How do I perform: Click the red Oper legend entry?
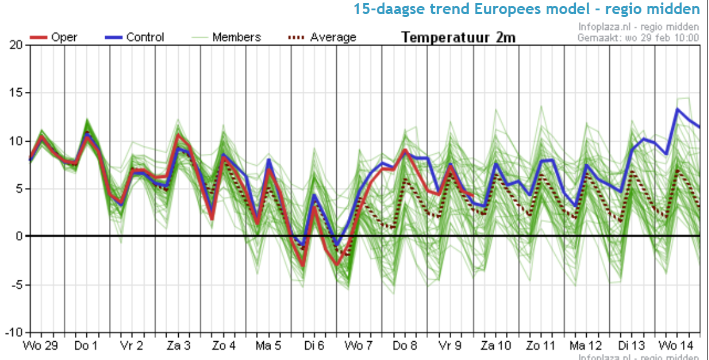(54, 37)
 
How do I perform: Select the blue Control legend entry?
(134, 37)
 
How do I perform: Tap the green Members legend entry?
(230, 37)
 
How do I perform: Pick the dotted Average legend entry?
(322, 37)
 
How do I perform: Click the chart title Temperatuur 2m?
(458, 37)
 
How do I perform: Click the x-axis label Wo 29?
(41, 346)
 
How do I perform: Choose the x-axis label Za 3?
(179, 346)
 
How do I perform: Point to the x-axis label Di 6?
(314, 346)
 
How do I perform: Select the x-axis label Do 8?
(405, 346)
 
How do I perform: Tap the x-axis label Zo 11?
(541, 346)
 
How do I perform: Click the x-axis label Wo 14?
(676, 346)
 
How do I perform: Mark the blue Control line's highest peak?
(677, 109)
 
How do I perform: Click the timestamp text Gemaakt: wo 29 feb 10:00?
(638, 38)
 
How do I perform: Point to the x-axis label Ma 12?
(586, 346)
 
